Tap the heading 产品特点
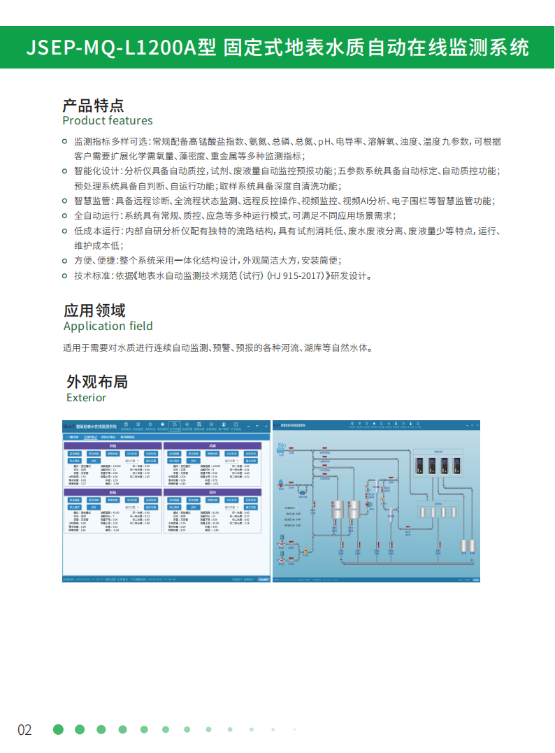[x=93, y=106]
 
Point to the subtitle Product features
[x=107, y=120]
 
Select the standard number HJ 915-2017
[x=282, y=275]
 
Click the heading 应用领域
[x=94, y=310]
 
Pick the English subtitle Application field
[x=108, y=326]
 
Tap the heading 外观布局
[x=97, y=382]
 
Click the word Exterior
[x=86, y=398]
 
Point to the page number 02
[x=24, y=730]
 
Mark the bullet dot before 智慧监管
[x=67, y=201]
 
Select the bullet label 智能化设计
[x=98, y=171]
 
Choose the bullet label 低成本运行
[x=98, y=231]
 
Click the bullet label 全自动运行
[x=98, y=216]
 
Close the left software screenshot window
[x=266, y=426]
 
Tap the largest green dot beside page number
[x=58, y=729]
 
